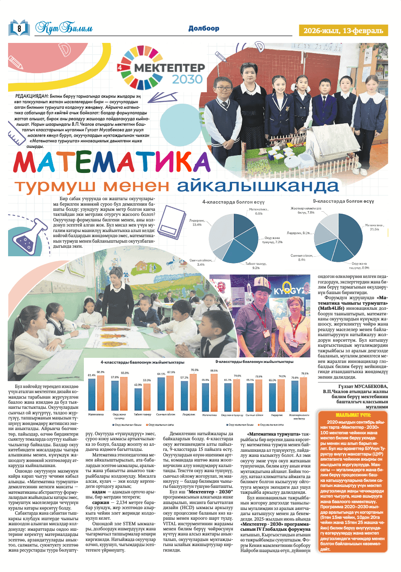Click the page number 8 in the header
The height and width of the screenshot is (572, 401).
[19, 28]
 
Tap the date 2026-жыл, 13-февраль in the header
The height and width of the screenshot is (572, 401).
[343, 31]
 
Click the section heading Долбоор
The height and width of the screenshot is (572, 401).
[204, 28]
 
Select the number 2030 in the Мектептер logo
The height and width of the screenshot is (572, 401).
[187, 79]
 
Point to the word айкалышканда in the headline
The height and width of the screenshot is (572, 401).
[258, 186]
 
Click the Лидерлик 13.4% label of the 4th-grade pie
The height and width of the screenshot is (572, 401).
[196, 222]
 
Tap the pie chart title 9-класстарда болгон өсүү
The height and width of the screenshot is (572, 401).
[343, 201]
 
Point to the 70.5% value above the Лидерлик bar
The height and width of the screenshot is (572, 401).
[195, 370]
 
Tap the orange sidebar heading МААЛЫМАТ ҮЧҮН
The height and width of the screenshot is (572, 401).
[353, 415]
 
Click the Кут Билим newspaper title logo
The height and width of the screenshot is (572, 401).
[64, 28]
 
